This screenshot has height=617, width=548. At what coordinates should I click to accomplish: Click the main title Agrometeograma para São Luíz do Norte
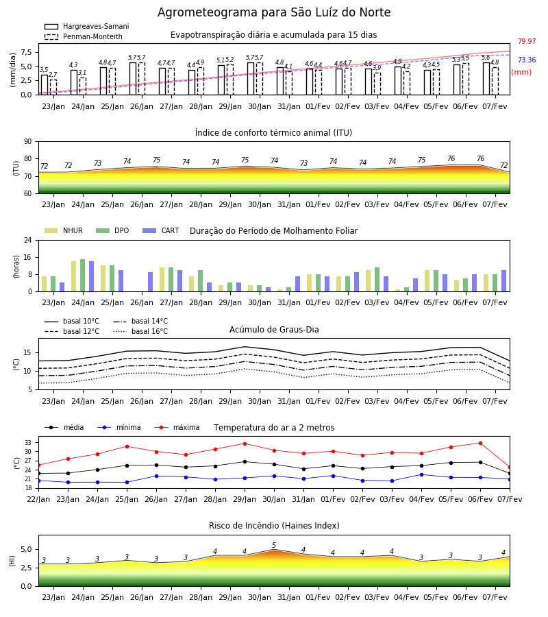coord(274,12)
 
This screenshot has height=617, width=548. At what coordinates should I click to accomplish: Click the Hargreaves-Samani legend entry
coord(86,26)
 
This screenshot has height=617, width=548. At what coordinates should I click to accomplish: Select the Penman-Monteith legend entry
coord(84,36)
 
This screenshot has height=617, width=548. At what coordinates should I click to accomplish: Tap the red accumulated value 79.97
coord(527,41)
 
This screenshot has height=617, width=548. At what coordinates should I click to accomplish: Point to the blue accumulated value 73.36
coord(527,60)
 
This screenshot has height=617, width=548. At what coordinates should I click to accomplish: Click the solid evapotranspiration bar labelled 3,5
coord(45,84)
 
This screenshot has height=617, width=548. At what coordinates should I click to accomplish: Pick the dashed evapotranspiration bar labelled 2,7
coord(53,87)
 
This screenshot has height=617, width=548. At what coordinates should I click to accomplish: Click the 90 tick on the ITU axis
coord(28,142)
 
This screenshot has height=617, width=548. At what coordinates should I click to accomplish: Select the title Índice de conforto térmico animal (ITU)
coord(273,132)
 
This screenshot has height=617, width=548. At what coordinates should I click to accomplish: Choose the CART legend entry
coord(161,230)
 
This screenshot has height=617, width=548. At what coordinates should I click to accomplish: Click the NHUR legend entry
coord(63,230)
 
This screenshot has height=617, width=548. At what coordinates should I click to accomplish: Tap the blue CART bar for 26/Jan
coord(151,282)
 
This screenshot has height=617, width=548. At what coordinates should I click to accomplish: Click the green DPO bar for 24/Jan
coord(83,275)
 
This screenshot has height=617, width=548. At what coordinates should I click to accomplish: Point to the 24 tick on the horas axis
coord(28,240)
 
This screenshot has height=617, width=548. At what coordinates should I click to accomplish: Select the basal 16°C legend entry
coord(140,331)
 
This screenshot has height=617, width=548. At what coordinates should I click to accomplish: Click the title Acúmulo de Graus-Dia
coord(274,329)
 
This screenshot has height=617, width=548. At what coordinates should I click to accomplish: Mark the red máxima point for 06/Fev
coord(480,443)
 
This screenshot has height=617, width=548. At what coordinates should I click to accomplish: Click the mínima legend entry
coord(119,427)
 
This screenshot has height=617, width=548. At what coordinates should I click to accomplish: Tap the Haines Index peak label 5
coord(274,545)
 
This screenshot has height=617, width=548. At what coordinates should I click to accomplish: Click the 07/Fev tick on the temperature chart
coord(510,499)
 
